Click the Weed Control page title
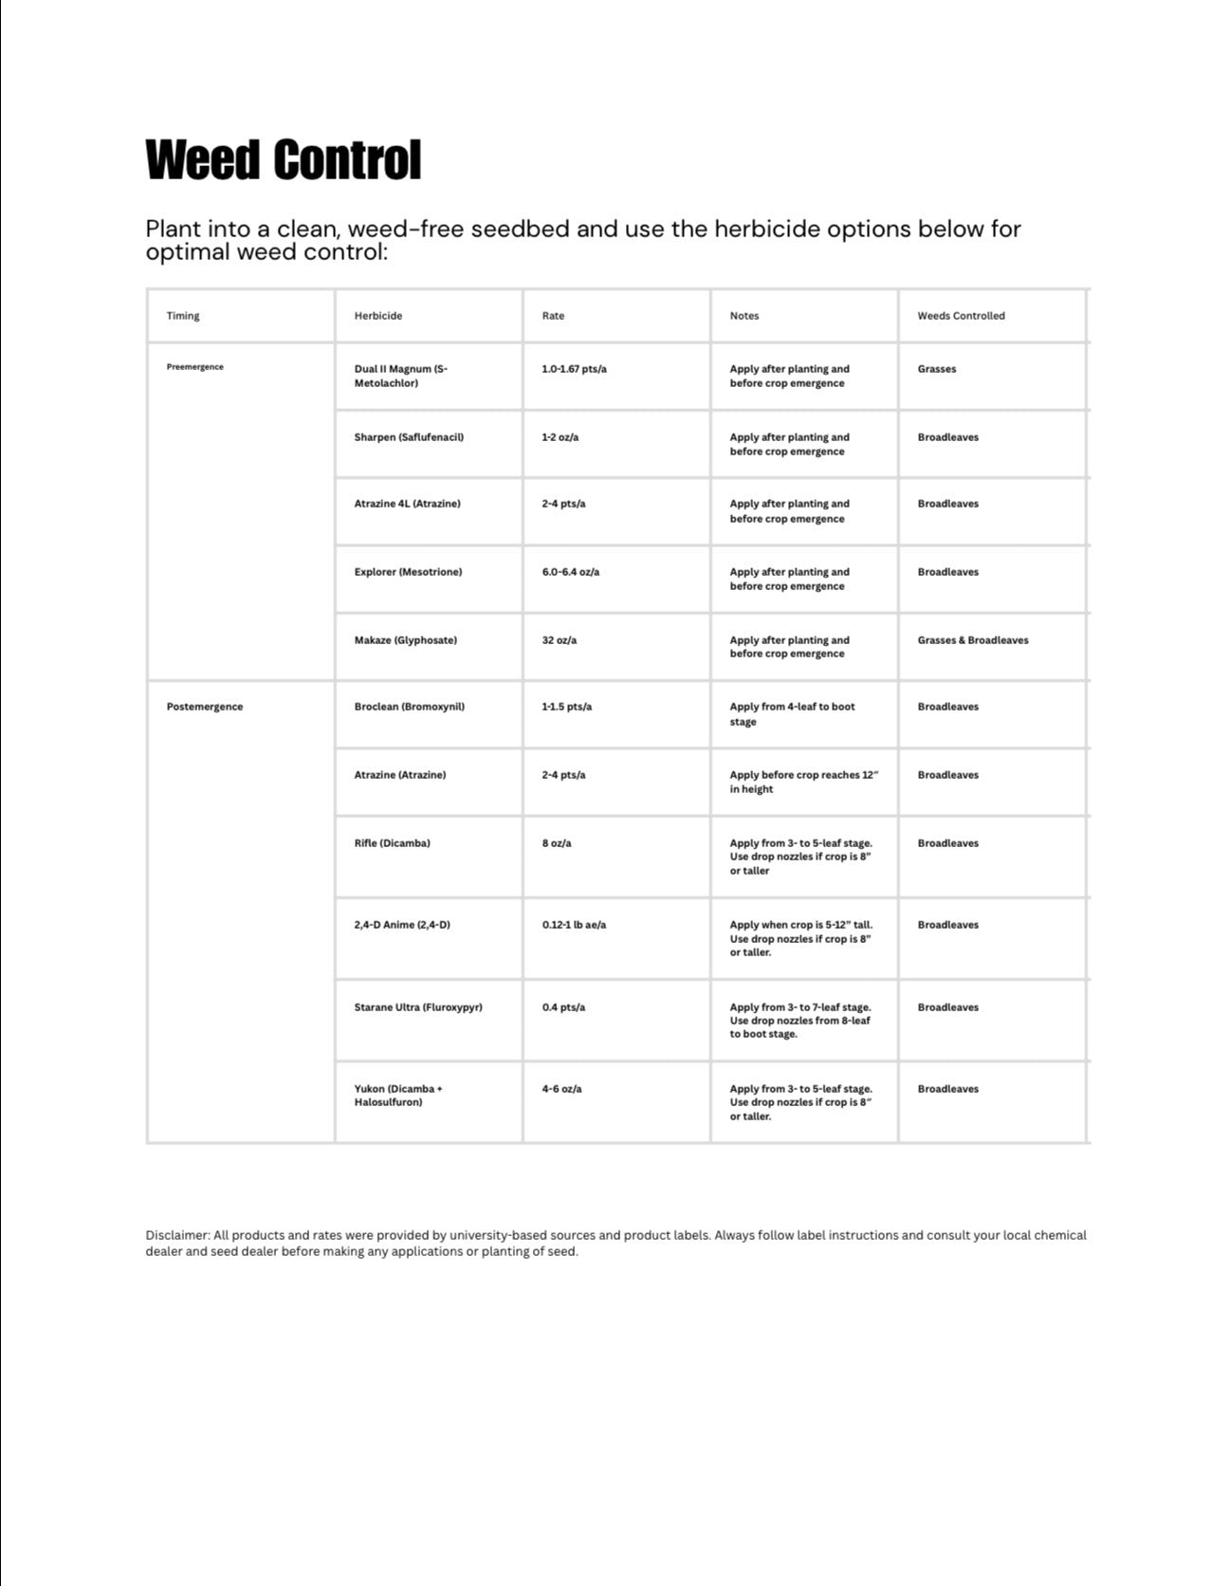coord(283,159)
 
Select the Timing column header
coord(183,316)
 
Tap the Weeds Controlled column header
coord(961,316)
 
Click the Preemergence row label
coord(195,367)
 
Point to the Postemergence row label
coord(205,707)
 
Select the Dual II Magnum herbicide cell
coord(400,376)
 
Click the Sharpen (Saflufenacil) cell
coord(409,437)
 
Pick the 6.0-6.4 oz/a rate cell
coord(571,572)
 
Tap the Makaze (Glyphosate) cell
coord(406,640)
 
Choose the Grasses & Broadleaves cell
coord(973,640)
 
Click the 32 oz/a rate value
coord(560,640)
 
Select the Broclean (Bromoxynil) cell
coord(410,707)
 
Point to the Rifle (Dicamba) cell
coord(393,843)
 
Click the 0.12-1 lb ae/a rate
coord(574,925)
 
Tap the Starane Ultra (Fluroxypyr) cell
coord(418,1007)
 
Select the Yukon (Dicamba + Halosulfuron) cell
coord(398,1096)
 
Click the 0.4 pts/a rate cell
coord(563,1007)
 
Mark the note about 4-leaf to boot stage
coord(792,714)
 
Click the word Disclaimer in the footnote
coord(177,1235)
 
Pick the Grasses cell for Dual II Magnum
coord(937,369)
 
